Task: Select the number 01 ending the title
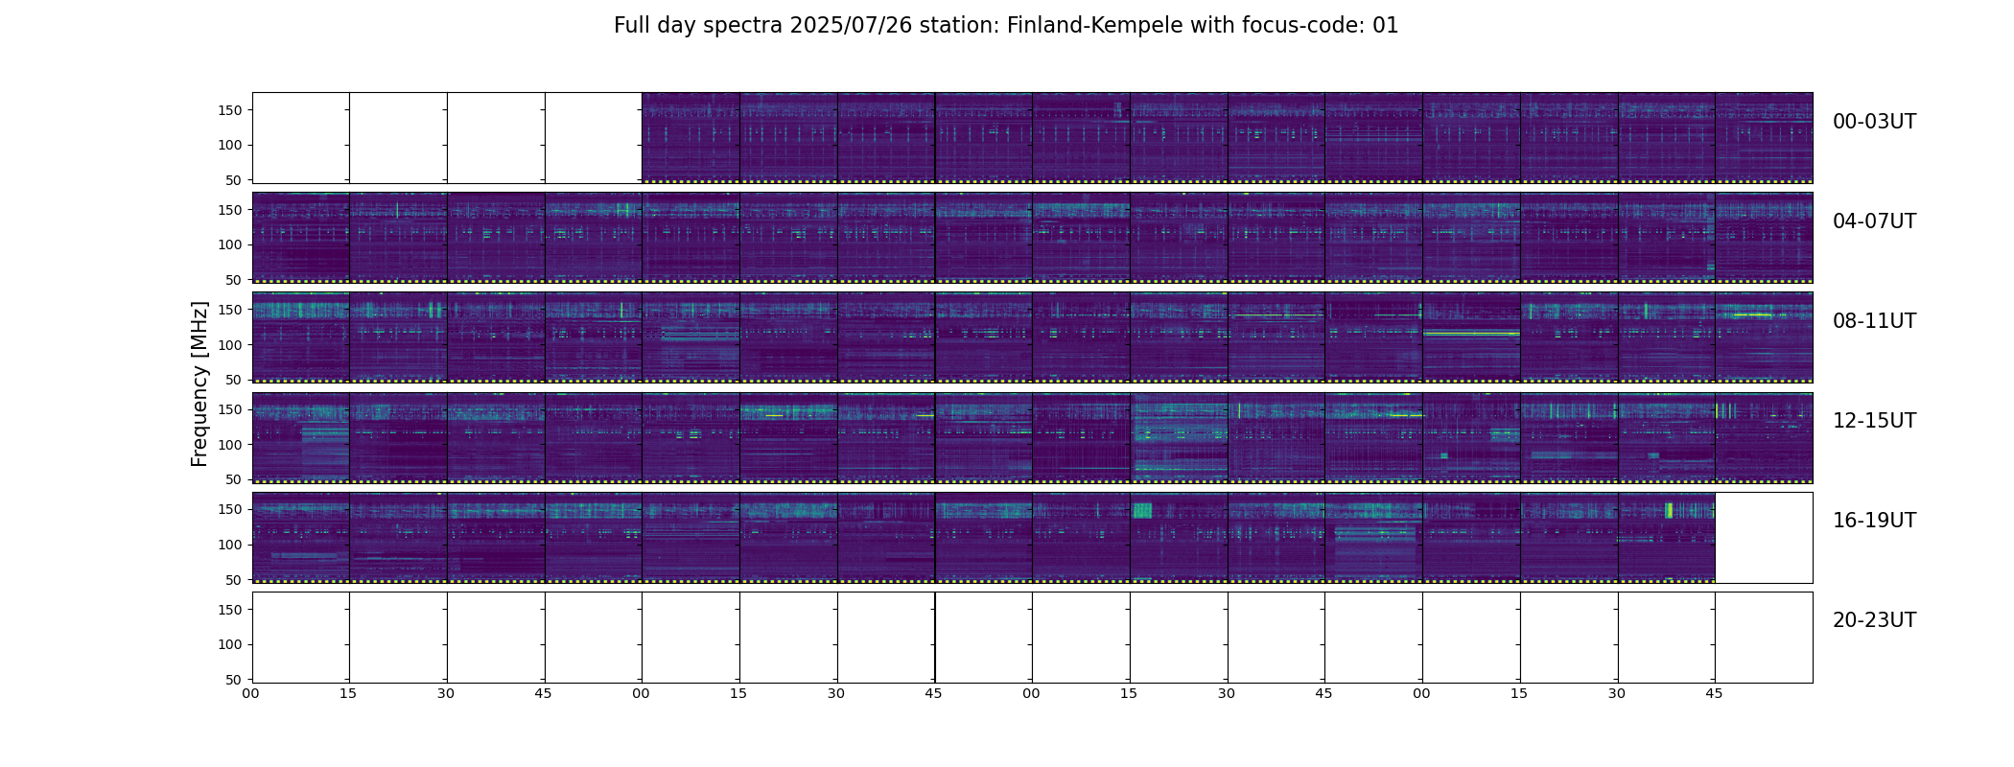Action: pyautogui.click(x=1386, y=26)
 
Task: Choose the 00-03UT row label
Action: pyautogui.click(x=1874, y=122)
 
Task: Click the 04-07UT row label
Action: pyautogui.click(x=1874, y=221)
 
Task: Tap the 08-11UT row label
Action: pyautogui.click(x=1874, y=321)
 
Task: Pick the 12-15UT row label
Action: pyautogui.click(x=1874, y=421)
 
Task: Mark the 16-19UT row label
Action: pyautogui.click(x=1874, y=521)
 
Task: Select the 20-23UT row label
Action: pyautogui.click(x=1874, y=620)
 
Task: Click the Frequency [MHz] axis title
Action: pyautogui.click(x=199, y=383)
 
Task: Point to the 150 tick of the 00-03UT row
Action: pyautogui.click(x=231, y=110)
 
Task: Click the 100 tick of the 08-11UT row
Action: pyautogui.click(x=231, y=345)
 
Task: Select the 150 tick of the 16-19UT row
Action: pyautogui.click(x=231, y=509)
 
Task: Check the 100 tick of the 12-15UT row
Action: pyautogui.click(x=231, y=445)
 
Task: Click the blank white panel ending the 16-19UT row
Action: pyautogui.click(x=1764, y=538)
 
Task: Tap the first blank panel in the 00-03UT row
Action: pyautogui.click(x=301, y=138)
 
